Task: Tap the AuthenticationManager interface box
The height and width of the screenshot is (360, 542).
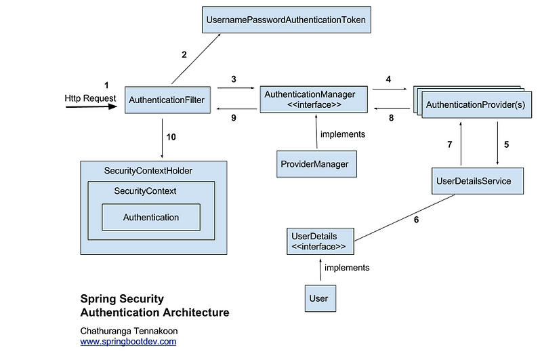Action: [313, 99]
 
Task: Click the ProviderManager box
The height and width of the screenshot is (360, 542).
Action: [316, 164]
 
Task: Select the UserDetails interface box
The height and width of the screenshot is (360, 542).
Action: [320, 241]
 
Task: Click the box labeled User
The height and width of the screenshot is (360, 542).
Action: [319, 298]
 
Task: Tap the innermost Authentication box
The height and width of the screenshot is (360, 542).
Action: [151, 218]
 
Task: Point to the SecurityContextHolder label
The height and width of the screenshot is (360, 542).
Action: [148, 171]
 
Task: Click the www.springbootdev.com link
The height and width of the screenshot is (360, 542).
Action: [128, 342]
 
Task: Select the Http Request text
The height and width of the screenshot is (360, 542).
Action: [89, 98]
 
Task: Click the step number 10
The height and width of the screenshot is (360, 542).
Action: [171, 137]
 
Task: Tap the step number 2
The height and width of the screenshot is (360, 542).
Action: [184, 55]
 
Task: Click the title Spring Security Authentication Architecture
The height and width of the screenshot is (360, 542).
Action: [154, 306]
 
